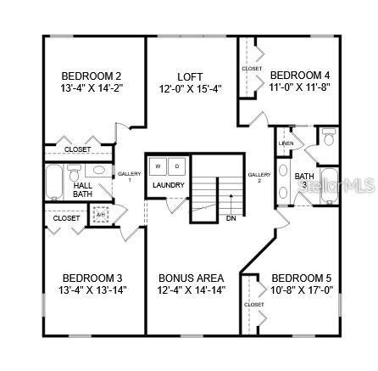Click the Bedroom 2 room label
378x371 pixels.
[92, 74]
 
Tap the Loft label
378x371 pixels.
[190, 76]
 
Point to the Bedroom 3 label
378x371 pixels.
[92, 278]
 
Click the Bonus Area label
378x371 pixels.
[191, 278]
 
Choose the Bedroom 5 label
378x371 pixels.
[301, 278]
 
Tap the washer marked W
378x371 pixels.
[158, 166]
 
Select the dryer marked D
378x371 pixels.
[177, 166]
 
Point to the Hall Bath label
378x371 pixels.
[82, 189]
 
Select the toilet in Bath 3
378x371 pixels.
[328, 138]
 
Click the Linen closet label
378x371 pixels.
[286, 142]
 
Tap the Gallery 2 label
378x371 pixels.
[258, 177]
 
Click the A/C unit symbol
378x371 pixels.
[101, 214]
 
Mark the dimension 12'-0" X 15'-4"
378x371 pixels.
[190, 87]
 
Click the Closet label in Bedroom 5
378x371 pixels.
[253, 304]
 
